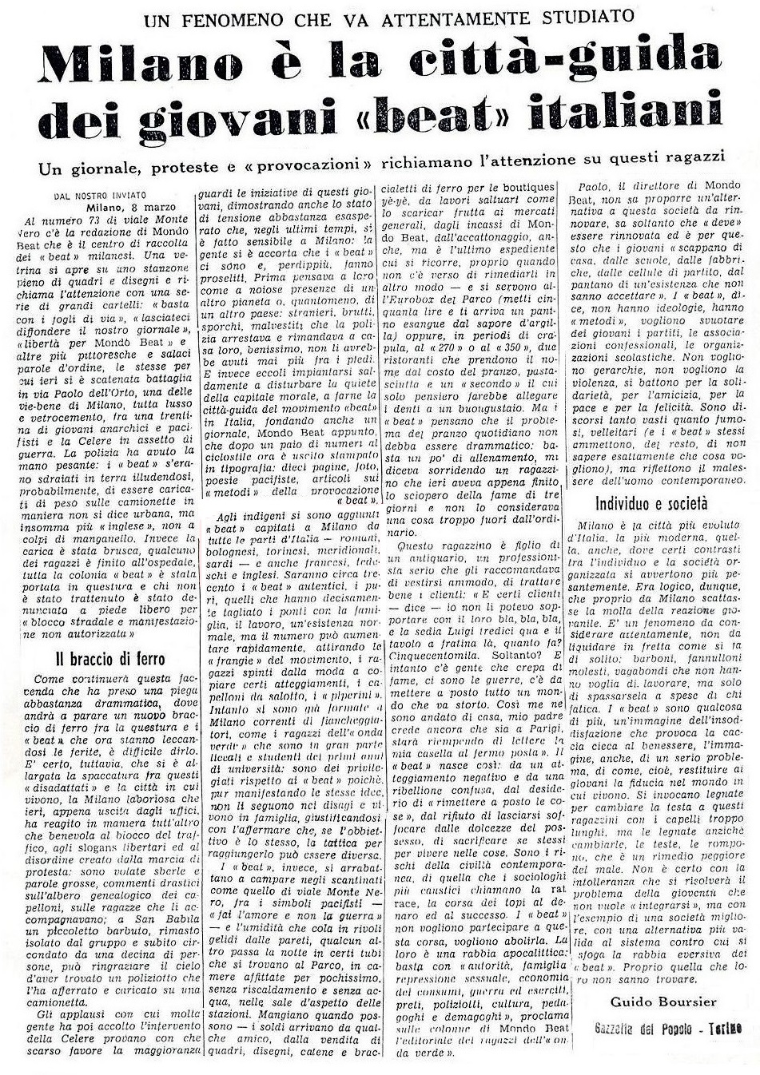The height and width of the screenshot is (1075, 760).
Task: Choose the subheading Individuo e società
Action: point(651,503)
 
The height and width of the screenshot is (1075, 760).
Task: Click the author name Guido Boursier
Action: point(663,1002)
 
